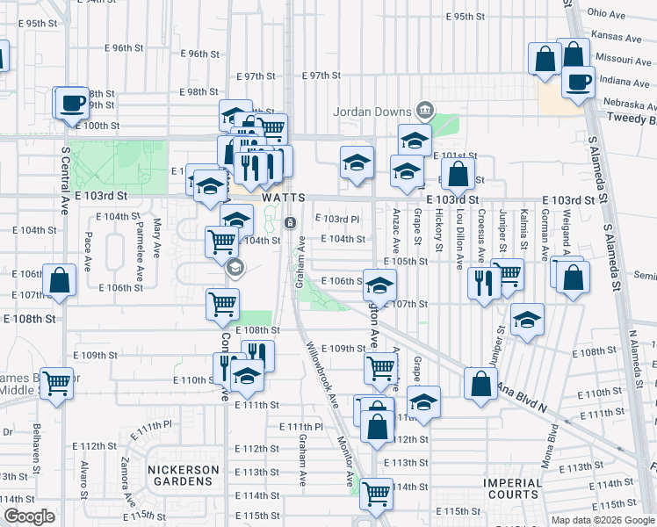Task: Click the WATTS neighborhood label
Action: (x=284, y=199)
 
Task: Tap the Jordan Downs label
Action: (x=372, y=112)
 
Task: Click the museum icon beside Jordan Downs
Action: (x=425, y=110)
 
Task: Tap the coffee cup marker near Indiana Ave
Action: (x=578, y=82)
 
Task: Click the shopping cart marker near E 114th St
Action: (x=376, y=493)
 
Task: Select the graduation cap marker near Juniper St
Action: (x=527, y=321)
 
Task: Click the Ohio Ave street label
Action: (x=606, y=14)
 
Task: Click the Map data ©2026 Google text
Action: (x=603, y=520)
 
